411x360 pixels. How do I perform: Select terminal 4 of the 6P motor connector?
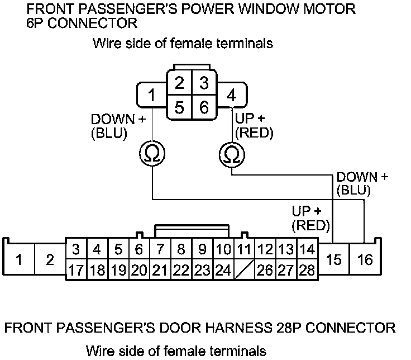click(x=231, y=95)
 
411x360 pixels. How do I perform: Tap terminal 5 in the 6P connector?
click(x=179, y=107)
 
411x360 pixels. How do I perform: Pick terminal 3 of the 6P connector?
click(x=204, y=84)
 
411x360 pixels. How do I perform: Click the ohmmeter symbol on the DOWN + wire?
click(x=152, y=153)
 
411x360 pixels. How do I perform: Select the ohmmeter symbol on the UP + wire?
click(x=232, y=153)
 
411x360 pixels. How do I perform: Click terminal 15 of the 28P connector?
click(x=334, y=260)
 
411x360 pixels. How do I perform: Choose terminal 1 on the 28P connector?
click(x=19, y=260)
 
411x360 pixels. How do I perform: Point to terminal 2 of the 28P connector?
click(x=50, y=260)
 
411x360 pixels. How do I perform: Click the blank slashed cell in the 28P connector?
click(x=244, y=271)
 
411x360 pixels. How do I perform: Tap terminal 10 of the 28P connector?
click(x=223, y=249)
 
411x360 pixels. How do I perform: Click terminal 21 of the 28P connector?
click(x=160, y=271)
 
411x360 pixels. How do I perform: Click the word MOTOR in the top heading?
click(x=327, y=10)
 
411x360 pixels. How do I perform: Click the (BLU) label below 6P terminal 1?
click(x=109, y=133)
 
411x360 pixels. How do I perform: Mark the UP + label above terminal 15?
click(x=307, y=212)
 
